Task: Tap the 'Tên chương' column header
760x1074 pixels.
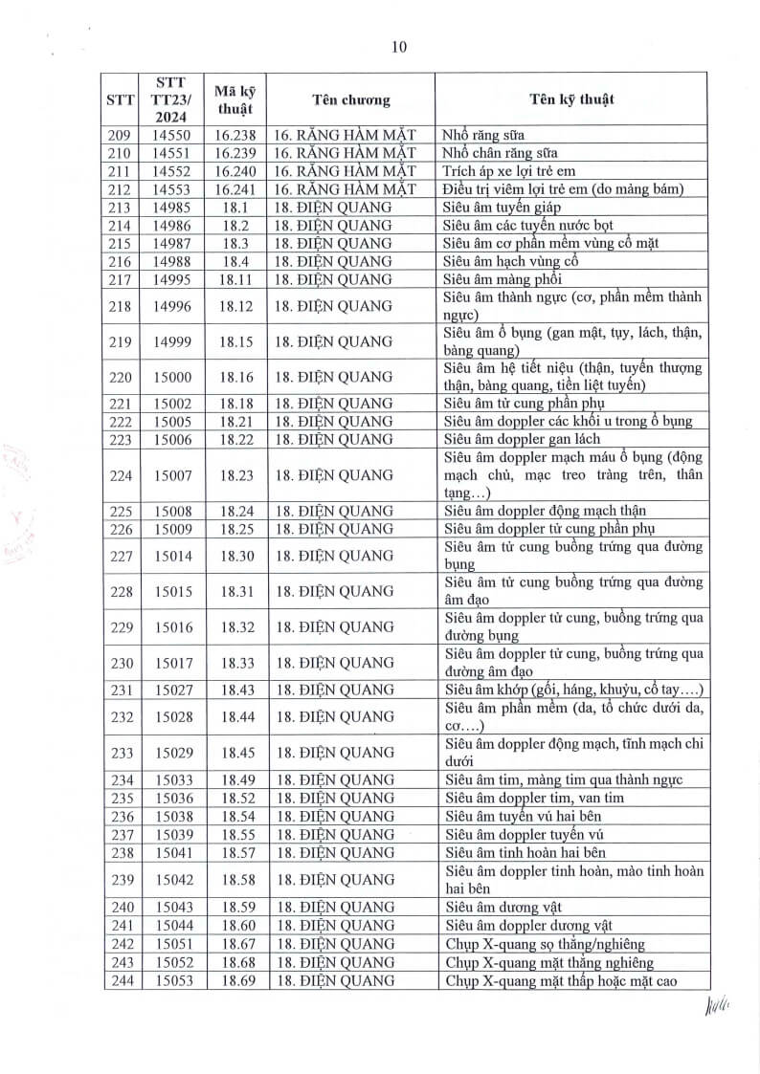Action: click(x=350, y=99)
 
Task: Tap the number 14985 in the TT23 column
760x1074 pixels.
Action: click(x=172, y=207)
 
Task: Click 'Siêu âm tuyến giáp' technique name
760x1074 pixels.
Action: click(x=502, y=207)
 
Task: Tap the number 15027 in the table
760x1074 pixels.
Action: click(x=172, y=690)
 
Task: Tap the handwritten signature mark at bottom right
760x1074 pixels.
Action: click(x=717, y=1007)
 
